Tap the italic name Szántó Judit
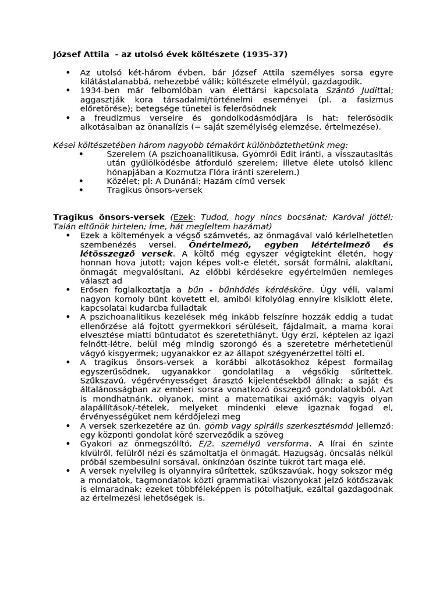click(x=352, y=90)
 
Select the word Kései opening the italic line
click(x=65, y=144)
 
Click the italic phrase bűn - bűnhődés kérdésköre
click(x=251, y=289)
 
